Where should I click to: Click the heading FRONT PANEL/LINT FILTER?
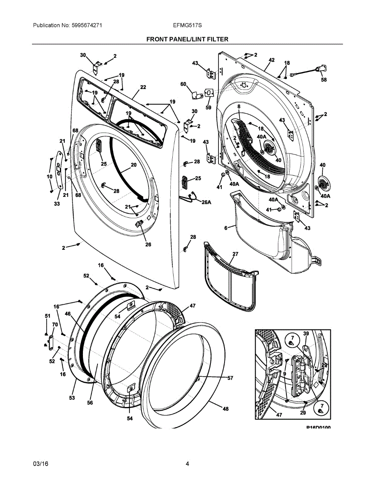click(x=187, y=39)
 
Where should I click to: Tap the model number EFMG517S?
click(x=187, y=25)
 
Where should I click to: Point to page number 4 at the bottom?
click(x=187, y=464)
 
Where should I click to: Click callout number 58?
click(x=324, y=80)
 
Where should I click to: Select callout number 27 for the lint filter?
click(x=235, y=254)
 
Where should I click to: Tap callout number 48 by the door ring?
click(x=225, y=409)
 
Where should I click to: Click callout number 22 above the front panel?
click(x=143, y=87)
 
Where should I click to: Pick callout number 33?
click(x=57, y=204)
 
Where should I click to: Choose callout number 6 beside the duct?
click(x=226, y=228)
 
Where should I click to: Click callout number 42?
click(x=271, y=60)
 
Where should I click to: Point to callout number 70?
click(x=55, y=324)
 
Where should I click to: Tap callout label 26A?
click(x=206, y=202)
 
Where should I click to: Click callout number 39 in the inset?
click(x=306, y=333)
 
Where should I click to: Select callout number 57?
click(x=230, y=378)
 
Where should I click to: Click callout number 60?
click(x=183, y=84)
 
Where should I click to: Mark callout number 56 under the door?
click(x=90, y=403)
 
